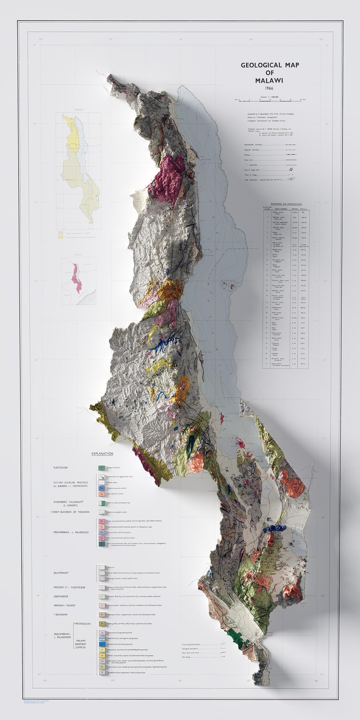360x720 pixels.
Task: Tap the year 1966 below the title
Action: (269, 88)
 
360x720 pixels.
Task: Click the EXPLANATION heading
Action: (102, 453)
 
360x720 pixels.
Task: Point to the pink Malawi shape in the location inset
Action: (75, 277)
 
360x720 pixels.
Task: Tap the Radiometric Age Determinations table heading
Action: (285, 204)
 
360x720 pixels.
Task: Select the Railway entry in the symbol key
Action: (248, 155)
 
